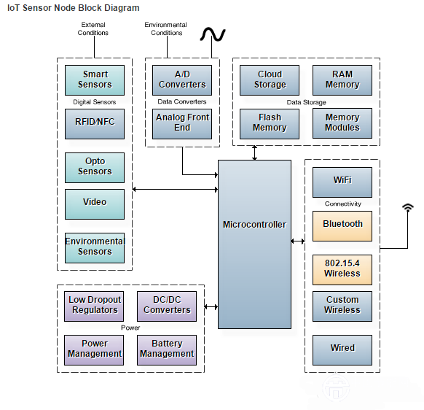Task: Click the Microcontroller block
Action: (254, 244)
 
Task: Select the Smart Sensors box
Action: (95, 80)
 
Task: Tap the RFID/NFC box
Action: (95, 124)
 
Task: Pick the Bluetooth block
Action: (342, 226)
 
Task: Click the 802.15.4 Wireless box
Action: (342, 270)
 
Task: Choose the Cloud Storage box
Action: (270, 80)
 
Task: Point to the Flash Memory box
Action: (270, 124)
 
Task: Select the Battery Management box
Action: (167, 350)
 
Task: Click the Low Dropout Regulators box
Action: (94, 306)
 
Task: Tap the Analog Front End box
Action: (182, 124)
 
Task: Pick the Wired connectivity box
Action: (342, 350)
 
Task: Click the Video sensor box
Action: (95, 204)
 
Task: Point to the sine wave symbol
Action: (213, 34)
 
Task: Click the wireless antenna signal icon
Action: (408, 207)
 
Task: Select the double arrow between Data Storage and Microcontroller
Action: (254, 152)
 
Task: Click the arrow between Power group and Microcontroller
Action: (211, 307)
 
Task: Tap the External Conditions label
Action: (93, 28)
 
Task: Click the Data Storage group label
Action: (307, 102)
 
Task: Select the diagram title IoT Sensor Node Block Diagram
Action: (74, 8)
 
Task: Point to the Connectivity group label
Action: (343, 204)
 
